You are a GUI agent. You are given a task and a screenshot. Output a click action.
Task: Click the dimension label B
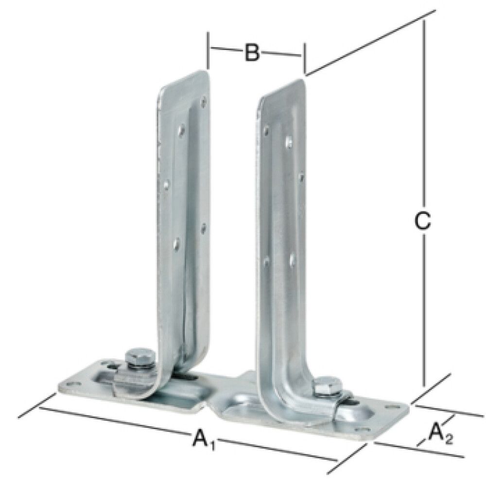coord(251,52)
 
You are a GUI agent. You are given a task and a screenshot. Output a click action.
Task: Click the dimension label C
coord(422,221)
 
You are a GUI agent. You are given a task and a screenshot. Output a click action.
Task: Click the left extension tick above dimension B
coord(208,50)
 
